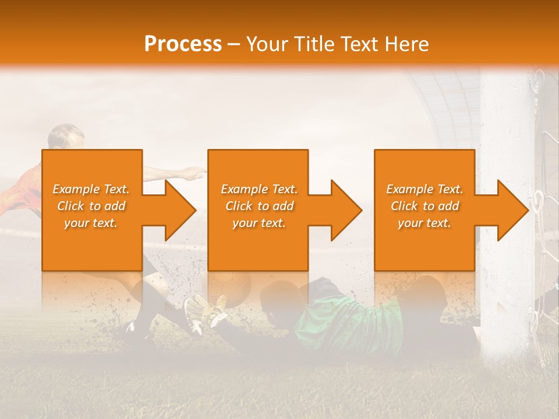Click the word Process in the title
click(x=183, y=44)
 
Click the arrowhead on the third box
click(x=512, y=210)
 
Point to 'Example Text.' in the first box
click(x=91, y=189)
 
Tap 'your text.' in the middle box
click(x=259, y=223)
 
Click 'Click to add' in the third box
click(x=425, y=206)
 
